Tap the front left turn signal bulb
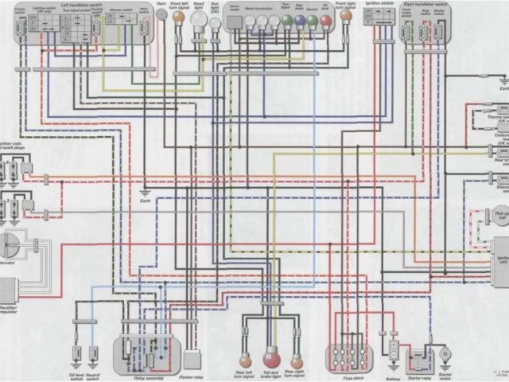[x=178, y=17]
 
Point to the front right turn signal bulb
[x=345, y=16]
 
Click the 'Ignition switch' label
[x=379, y=4]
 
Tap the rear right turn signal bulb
[x=297, y=361]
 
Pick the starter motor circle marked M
[x=445, y=352]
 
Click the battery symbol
[x=394, y=351]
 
